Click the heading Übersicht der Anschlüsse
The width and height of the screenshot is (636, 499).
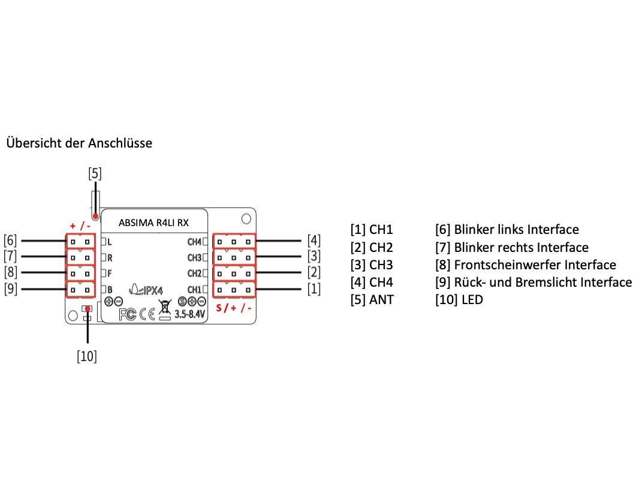[79, 143]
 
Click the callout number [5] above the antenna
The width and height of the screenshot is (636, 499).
[95, 174]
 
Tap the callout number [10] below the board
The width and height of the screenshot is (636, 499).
[87, 356]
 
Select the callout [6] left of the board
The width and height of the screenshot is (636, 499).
[11, 241]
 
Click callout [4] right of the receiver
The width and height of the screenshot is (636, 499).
[314, 241]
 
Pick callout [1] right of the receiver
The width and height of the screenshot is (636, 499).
[314, 290]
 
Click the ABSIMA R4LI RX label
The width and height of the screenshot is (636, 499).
[154, 223]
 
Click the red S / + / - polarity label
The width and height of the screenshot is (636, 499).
[234, 308]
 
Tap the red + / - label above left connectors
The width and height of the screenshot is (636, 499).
[80, 226]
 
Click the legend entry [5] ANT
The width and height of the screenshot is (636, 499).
[372, 299]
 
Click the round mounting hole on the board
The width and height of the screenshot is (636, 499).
[246, 217]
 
